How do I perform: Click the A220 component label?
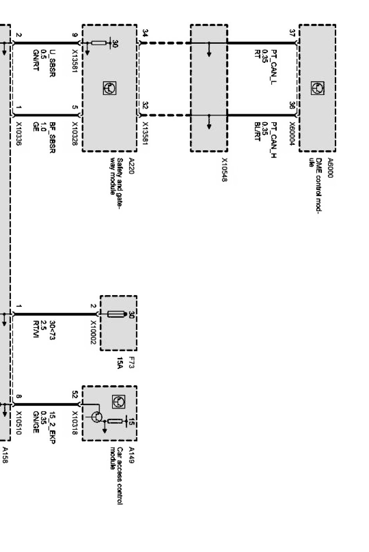[131, 166]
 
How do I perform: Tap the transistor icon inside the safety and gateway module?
[109, 89]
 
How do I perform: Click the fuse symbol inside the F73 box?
[116, 314]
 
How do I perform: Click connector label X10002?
[93, 332]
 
